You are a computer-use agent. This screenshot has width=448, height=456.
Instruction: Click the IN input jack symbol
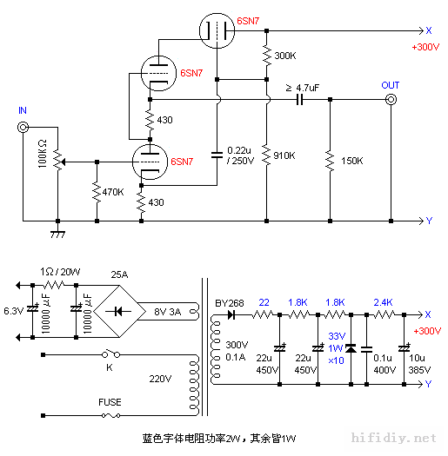pyautogui.click(x=23, y=129)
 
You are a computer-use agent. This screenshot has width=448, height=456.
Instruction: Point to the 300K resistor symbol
pyautogui.click(x=266, y=56)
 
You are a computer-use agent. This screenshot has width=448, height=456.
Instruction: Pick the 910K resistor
pyautogui.click(x=266, y=155)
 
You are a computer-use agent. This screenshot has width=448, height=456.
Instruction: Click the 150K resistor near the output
pyautogui.click(x=330, y=160)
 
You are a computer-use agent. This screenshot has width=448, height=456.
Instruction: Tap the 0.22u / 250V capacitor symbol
pyautogui.click(x=216, y=155)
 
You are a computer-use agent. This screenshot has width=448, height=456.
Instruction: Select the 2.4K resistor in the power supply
pyautogui.click(x=383, y=315)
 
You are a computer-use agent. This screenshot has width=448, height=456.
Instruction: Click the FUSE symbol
pyautogui.click(x=109, y=416)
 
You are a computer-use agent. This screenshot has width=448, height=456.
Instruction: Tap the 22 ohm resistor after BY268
pyautogui.click(x=263, y=315)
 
